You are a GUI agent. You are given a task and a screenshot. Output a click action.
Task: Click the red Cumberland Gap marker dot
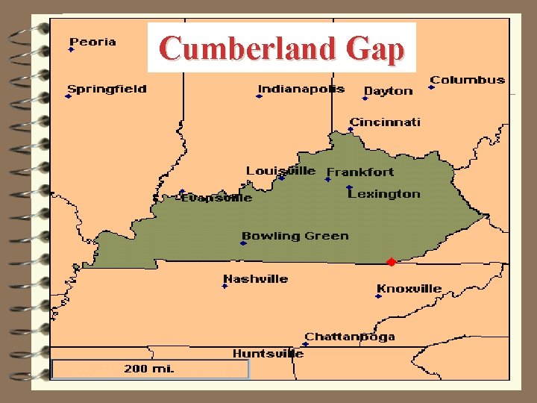(391, 262)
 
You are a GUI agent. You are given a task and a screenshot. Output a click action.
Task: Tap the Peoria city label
(92, 42)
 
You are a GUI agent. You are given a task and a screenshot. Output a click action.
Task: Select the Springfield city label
(107, 90)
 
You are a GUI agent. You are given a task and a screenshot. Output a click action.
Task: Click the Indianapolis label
(301, 89)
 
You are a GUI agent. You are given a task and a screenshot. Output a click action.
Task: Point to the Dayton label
(388, 91)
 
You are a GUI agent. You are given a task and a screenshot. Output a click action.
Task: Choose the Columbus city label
(467, 80)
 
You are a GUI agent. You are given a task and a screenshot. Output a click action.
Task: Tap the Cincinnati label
(385, 122)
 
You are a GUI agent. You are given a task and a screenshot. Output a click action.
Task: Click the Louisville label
(280, 171)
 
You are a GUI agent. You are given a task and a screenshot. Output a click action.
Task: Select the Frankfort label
(360, 172)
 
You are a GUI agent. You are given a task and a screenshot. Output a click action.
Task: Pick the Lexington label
(384, 194)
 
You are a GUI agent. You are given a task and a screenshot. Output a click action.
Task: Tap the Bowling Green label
(295, 236)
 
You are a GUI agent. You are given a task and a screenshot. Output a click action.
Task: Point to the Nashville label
(255, 279)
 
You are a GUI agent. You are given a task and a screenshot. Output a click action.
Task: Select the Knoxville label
(409, 289)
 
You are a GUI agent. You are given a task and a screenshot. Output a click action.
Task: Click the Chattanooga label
(349, 337)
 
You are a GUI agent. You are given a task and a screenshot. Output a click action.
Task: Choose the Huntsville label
(268, 354)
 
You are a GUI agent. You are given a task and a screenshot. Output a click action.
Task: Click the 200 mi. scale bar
(150, 369)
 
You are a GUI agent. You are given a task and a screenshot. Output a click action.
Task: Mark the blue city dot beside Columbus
(431, 87)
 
